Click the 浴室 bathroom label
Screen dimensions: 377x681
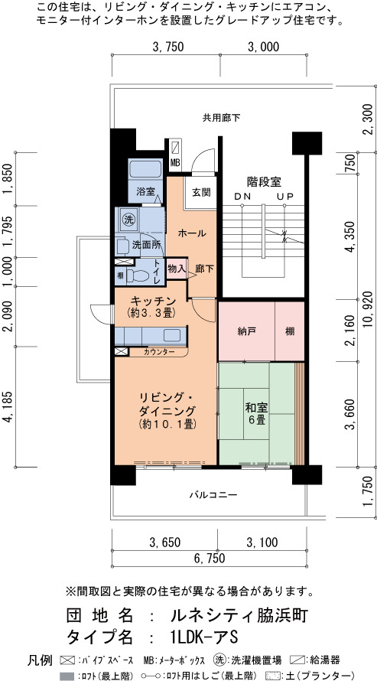pos(146,191)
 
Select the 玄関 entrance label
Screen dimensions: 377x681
pos(202,192)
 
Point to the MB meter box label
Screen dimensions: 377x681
pos(175,163)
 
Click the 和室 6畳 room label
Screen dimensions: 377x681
pos(256,413)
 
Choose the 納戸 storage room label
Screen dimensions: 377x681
pos(245,332)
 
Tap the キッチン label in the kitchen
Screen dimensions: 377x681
pos(153,301)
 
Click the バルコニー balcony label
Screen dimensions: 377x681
pos(213,494)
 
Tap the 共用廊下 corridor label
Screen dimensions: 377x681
pos(221,117)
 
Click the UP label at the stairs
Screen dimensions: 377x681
pos(286,197)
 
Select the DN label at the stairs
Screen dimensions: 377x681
pos(243,197)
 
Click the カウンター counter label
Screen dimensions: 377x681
pos(159,352)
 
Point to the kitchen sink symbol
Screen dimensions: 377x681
pos(172,335)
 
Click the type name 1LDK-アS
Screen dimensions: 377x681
pos(203,637)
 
